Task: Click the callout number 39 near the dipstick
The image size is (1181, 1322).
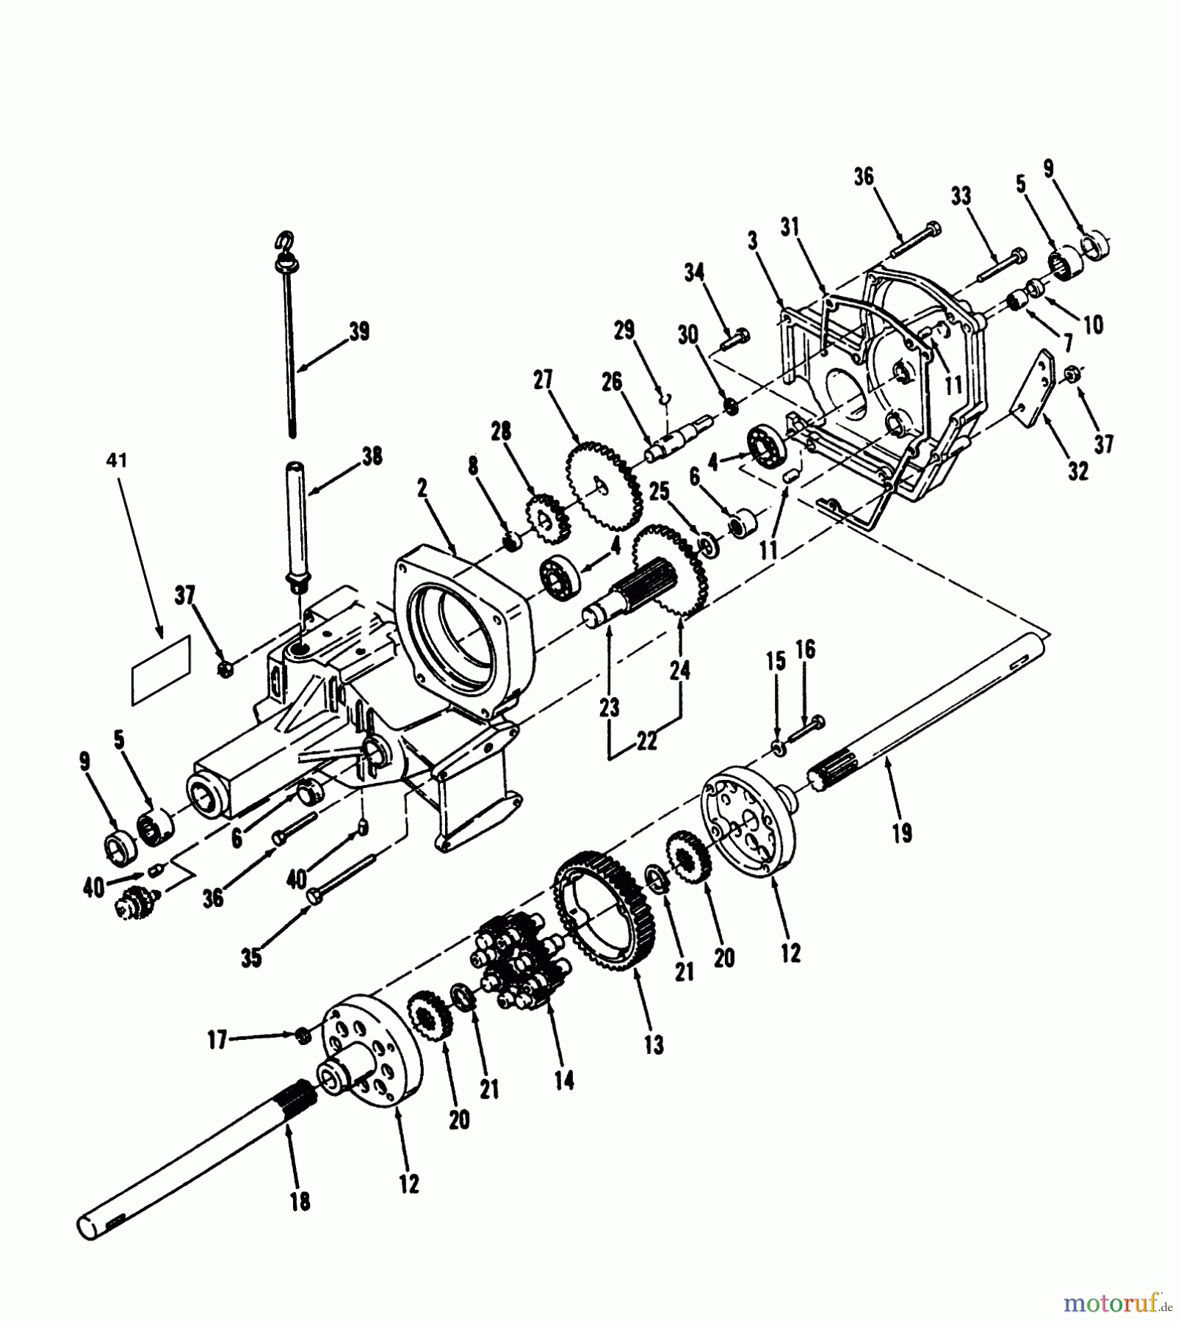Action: pos(358,332)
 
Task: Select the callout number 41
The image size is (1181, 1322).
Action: pos(118,460)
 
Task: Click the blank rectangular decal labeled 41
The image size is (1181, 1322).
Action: pos(161,671)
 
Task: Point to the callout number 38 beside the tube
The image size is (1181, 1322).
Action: pos(372,456)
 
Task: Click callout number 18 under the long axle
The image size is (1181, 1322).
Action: pos(300,1201)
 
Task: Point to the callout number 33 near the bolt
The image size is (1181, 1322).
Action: pos(961,196)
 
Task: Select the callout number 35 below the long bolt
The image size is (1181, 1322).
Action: pos(251,958)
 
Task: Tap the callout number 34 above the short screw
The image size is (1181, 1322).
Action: pos(694,272)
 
